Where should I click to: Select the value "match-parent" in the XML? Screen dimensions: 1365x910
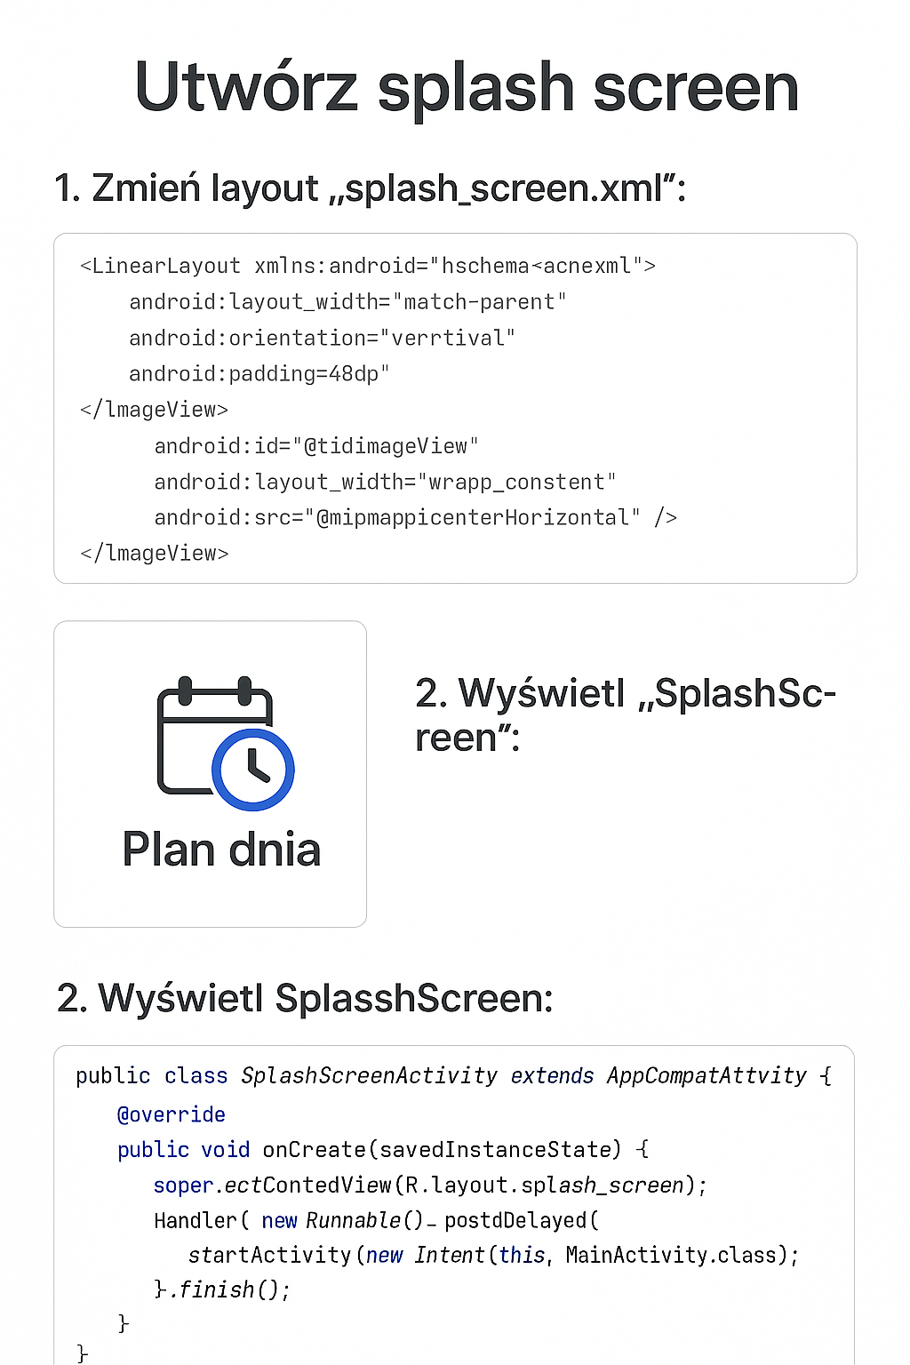(x=480, y=302)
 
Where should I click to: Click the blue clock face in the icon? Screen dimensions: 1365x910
(x=253, y=770)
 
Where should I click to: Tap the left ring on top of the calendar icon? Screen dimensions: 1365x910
(x=185, y=690)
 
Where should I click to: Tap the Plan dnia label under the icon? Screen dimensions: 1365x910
(x=221, y=850)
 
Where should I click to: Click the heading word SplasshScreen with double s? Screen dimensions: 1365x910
(x=414, y=998)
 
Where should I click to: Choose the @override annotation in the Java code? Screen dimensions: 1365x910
(x=172, y=1114)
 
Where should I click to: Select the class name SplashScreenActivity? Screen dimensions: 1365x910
(x=369, y=1076)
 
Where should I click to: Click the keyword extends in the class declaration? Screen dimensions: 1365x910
(x=552, y=1076)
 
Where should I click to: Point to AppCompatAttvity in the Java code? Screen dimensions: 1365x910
(x=706, y=1076)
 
